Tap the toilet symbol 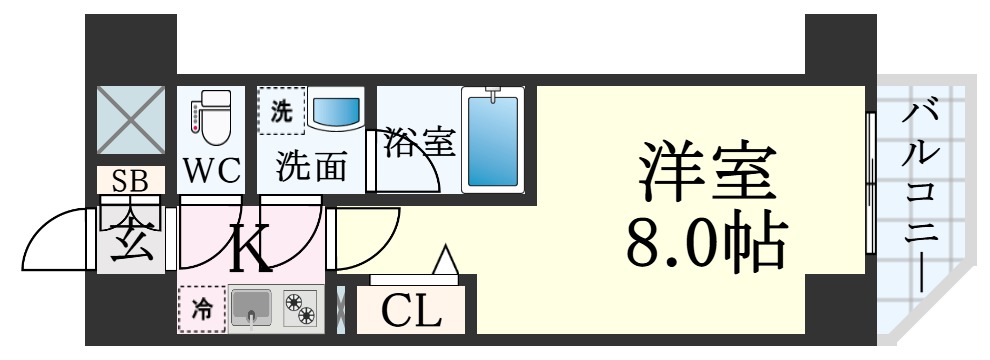click(210, 118)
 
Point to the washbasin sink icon click(336, 111)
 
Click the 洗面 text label click(312, 166)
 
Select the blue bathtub click(492, 139)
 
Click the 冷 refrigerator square click(202, 309)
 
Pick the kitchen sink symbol click(251, 309)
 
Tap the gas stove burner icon click(300, 309)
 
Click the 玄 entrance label click(131, 239)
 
